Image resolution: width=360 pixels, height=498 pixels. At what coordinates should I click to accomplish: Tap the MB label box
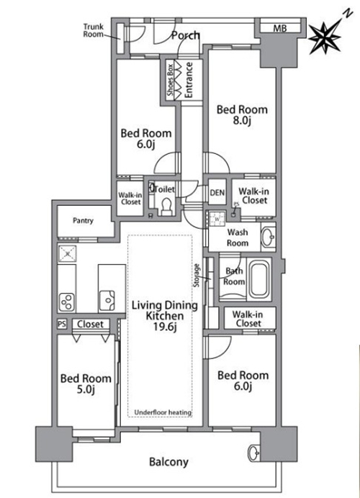point(280,28)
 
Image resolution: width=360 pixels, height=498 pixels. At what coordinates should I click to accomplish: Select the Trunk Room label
point(94,30)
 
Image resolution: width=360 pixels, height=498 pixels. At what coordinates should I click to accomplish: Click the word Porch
point(186,35)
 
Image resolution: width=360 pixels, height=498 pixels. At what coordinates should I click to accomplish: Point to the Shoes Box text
point(171,80)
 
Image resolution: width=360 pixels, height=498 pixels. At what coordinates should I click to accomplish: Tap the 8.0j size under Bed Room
point(242,121)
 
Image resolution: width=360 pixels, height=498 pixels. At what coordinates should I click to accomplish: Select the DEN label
point(217,192)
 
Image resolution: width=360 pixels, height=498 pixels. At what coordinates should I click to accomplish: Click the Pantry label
point(83,220)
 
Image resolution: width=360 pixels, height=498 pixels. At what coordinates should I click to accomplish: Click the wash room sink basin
point(268,237)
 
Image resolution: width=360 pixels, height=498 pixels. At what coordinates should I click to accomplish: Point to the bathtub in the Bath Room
point(260,279)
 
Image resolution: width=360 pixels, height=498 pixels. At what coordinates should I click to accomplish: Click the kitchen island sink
point(107,300)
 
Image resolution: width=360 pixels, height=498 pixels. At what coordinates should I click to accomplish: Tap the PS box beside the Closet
point(62,324)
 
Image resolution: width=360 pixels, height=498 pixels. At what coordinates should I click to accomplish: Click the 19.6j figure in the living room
point(165,327)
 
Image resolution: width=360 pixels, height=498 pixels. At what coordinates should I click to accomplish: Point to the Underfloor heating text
point(163,412)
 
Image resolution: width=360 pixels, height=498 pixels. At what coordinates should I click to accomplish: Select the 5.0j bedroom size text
point(86,389)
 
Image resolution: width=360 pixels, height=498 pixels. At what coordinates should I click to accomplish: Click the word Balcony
point(168,462)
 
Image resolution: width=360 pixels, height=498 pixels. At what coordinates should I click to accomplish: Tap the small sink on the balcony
point(254,453)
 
